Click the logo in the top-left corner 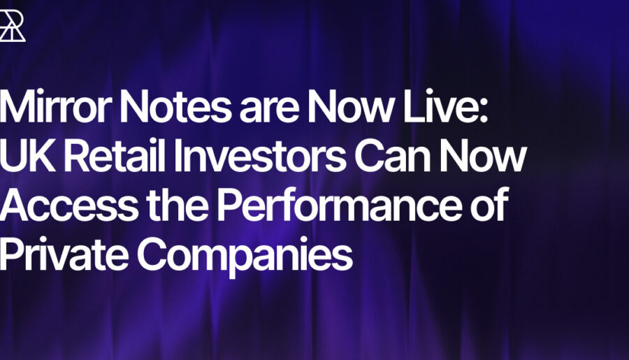[12, 26]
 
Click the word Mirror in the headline [55, 106]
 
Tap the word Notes [175, 106]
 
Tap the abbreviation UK [27, 156]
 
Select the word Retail [114, 155]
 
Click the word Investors [259, 155]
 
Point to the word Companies [245, 257]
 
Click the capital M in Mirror [19, 106]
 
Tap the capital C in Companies [151, 254]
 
